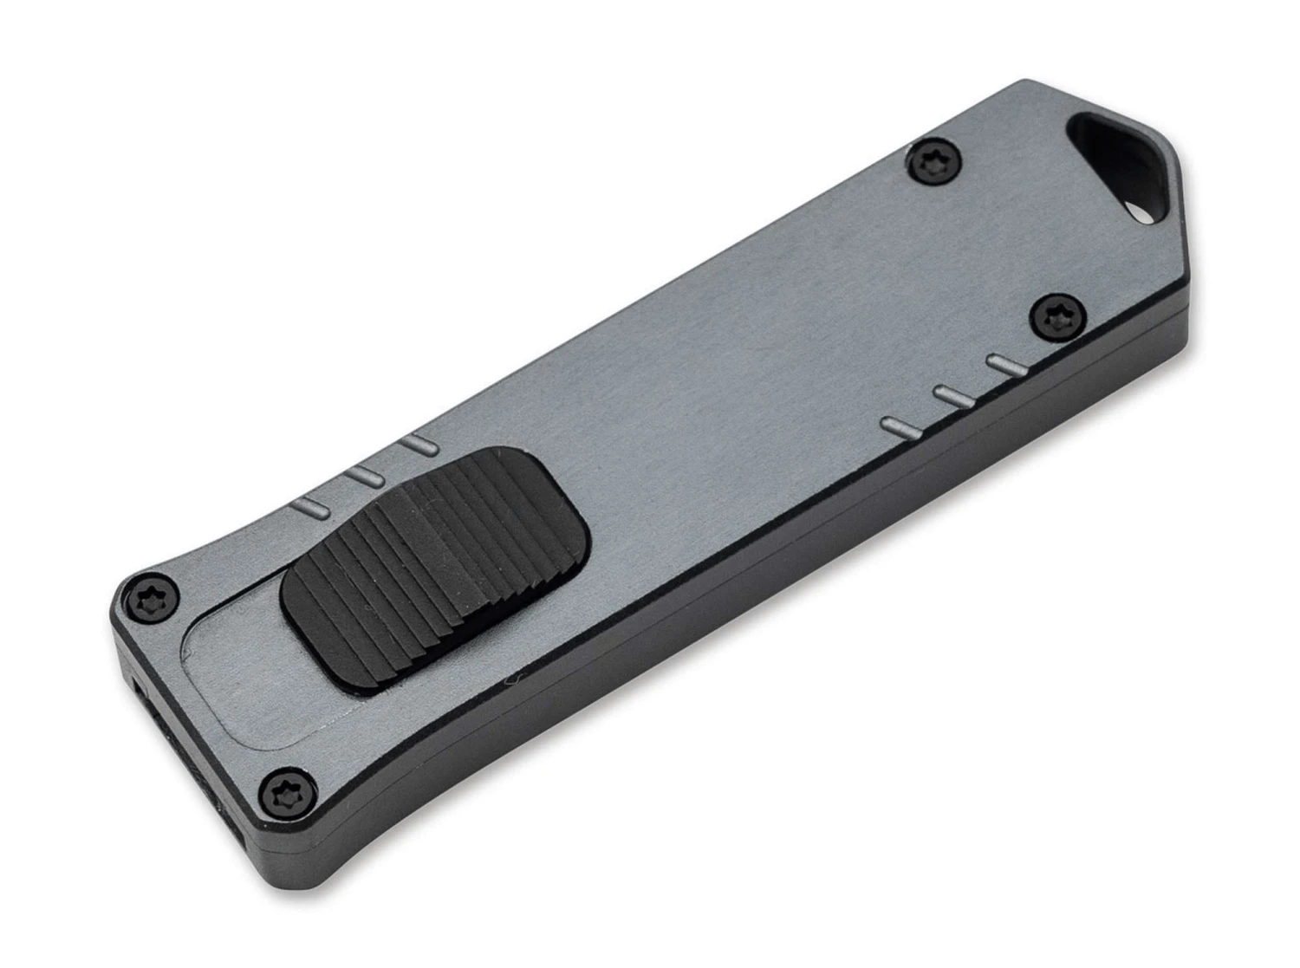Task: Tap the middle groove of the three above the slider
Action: (x=366, y=476)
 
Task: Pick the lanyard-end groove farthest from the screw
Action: (x=899, y=425)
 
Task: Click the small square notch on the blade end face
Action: (x=139, y=691)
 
